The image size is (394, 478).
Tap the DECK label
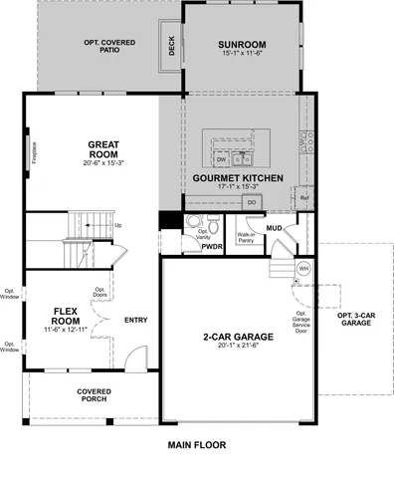coord(172,46)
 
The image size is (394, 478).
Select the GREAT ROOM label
coord(102,148)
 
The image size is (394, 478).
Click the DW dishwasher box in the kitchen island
coord(221,159)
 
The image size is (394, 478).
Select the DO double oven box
coord(251,202)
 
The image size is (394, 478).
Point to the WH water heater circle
coord(303,268)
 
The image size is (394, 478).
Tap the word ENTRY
coord(136,320)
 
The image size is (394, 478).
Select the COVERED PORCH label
coord(94,396)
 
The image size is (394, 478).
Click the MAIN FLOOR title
coord(197,445)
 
